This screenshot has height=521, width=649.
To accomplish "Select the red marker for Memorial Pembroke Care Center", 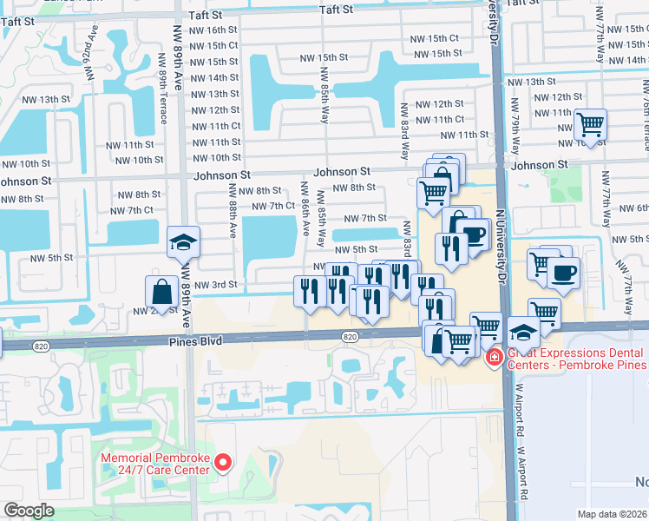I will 223,462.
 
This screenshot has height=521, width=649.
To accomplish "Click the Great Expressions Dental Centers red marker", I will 494,356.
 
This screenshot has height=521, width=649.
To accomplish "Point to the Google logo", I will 29,511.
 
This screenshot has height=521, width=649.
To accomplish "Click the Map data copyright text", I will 612,514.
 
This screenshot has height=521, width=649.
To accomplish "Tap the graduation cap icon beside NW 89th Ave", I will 183,243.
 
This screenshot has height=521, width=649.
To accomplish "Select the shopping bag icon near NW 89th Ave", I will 162,290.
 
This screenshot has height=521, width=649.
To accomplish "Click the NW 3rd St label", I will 217,285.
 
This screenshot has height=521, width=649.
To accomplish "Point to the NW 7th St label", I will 364,218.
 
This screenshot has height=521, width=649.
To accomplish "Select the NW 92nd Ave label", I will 89,52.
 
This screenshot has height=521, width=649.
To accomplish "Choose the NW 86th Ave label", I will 305,208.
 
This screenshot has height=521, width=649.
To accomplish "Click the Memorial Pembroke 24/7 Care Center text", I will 156,464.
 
